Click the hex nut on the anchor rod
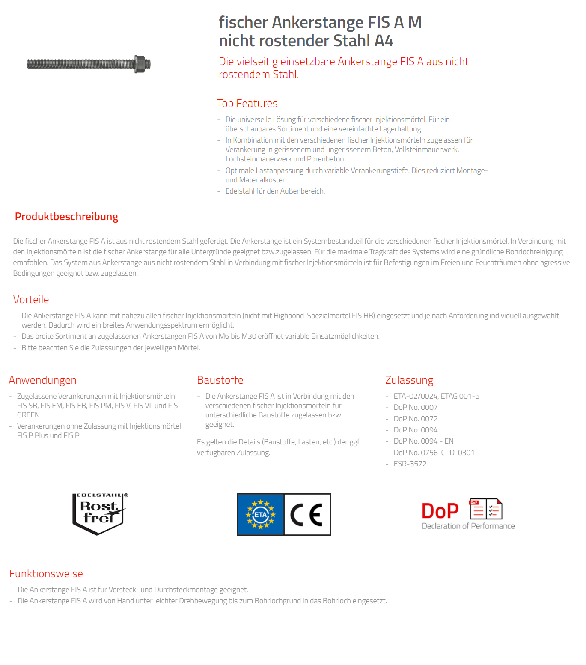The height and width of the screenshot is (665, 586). (140, 64)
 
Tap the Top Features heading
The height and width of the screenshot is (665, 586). (247, 104)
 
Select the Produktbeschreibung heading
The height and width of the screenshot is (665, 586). (66, 217)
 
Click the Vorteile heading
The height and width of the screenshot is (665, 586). (31, 300)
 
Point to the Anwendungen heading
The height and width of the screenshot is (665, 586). (42, 380)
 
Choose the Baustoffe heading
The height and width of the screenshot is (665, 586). (220, 380)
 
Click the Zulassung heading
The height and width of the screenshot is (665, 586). (409, 380)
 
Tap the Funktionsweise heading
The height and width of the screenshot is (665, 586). (46, 574)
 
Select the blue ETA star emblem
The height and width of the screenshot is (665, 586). (261, 514)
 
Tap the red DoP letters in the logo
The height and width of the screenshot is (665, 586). (440, 511)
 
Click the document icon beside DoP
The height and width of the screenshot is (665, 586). (486, 509)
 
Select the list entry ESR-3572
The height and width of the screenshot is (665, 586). (410, 464)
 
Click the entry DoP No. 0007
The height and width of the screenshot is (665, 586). (415, 407)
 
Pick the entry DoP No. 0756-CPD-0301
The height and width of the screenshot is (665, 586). (434, 453)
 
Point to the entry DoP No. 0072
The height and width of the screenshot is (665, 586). (415, 419)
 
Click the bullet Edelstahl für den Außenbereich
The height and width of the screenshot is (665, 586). (275, 191)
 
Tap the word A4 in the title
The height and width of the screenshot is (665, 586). (384, 41)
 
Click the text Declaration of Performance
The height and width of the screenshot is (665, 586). (468, 526)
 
